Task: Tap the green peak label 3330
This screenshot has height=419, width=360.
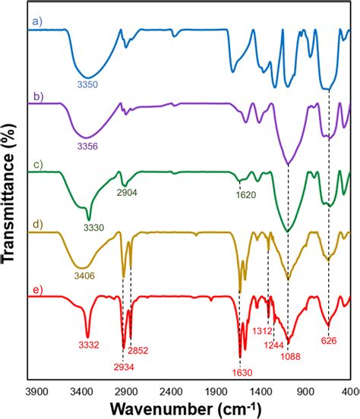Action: (91, 228)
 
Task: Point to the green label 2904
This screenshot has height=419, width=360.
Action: (128, 194)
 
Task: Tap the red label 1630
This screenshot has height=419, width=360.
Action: (241, 373)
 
